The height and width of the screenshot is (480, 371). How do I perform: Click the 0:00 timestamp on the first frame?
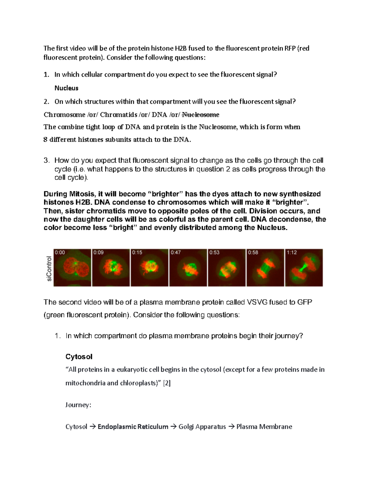(60, 253)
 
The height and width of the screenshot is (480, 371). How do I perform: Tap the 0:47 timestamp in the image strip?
(176, 253)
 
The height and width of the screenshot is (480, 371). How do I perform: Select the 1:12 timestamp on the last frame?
(292, 253)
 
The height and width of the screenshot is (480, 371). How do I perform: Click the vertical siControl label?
(49, 268)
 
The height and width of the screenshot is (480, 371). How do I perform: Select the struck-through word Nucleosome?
(200, 115)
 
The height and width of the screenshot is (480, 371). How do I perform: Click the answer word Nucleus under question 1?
(66, 88)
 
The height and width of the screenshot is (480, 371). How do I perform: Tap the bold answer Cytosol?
(79, 357)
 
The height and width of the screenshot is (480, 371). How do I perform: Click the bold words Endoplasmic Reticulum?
(133, 427)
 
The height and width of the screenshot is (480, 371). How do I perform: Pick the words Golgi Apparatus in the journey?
(202, 427)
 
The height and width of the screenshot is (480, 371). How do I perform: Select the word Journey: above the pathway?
(78, 405)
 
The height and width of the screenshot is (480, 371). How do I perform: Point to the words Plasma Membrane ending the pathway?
(264, 427)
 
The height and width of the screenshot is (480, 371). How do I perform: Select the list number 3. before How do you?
(46, 160)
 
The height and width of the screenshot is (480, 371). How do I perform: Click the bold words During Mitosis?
(69, 194)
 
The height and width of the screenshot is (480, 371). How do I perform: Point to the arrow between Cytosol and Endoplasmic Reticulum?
(92, 427)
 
